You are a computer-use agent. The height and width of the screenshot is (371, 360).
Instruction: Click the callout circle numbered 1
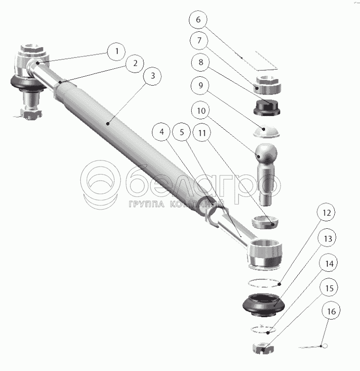tap(116, 51)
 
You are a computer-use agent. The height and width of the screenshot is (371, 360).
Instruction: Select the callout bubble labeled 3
tap(153, 76)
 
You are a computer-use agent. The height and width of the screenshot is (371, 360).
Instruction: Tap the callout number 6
tap(198, 20)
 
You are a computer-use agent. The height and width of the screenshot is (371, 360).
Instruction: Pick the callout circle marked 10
tap(201, 110)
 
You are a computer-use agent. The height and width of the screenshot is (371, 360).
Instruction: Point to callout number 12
tap(326, 212)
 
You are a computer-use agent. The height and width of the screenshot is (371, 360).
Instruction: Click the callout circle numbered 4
tap(162, 132)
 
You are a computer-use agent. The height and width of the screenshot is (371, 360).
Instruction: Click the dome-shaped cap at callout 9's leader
tap(266, 131)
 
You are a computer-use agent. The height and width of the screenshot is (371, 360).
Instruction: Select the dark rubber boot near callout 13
tap(263, 305)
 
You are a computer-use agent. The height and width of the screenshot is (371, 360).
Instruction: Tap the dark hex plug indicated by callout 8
tap(266, 108)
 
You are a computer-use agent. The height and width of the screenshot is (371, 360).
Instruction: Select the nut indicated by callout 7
tap(267, 85)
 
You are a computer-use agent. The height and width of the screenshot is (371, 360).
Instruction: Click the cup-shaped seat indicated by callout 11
tap(265, 222)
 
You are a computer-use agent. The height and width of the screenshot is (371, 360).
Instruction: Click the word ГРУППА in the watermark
tap(146, 204)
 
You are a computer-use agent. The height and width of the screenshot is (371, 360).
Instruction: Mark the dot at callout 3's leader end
tap(108, 124)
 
